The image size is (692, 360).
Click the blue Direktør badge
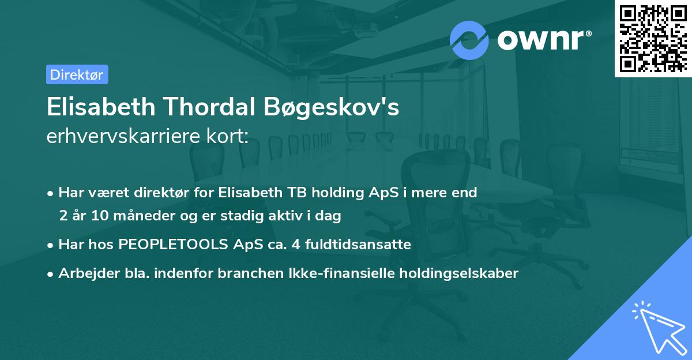click(x=77, y=74)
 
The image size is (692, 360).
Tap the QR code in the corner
click(x=652, y=39)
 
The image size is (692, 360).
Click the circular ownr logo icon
click(x=469, y=39)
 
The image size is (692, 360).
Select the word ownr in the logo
click(x=542, y=40)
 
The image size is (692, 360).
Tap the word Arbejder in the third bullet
click(x=84, y=273)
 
